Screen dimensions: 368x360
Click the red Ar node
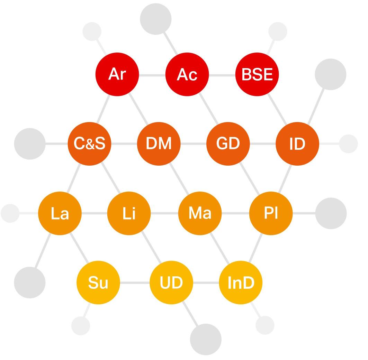point(117,74)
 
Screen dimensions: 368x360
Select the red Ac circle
point(187,74)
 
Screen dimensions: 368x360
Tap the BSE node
point(257,74)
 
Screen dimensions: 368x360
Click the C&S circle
point(89,144)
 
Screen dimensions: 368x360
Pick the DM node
point(159,144)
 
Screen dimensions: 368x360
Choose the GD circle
point(228,144)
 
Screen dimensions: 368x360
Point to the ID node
point(297,144)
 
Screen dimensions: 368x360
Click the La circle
point(60,213)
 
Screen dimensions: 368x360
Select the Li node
point(129,213)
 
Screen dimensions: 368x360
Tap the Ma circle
point(200,213)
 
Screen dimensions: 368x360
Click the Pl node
point(271,213)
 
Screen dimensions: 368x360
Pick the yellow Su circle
point(98,283)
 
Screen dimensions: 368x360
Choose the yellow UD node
point(171,283)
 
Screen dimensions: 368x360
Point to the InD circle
point(241,283)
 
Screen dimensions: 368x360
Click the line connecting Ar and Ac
point(152,75)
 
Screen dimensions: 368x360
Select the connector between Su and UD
point(135,283)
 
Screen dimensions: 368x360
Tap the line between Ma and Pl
point(235,213)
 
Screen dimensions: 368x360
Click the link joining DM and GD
point(193,144)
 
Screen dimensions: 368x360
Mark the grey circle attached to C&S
point(30,144)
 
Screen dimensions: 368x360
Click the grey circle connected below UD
point(206,339)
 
